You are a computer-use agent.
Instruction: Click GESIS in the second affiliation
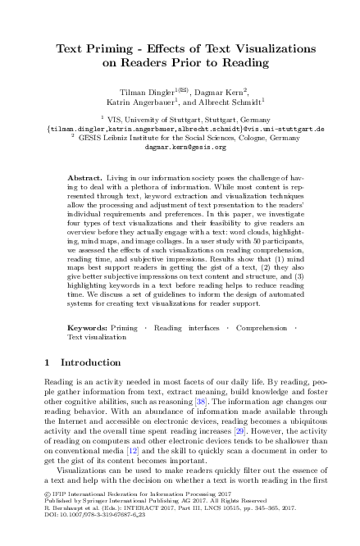coord(99,138)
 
